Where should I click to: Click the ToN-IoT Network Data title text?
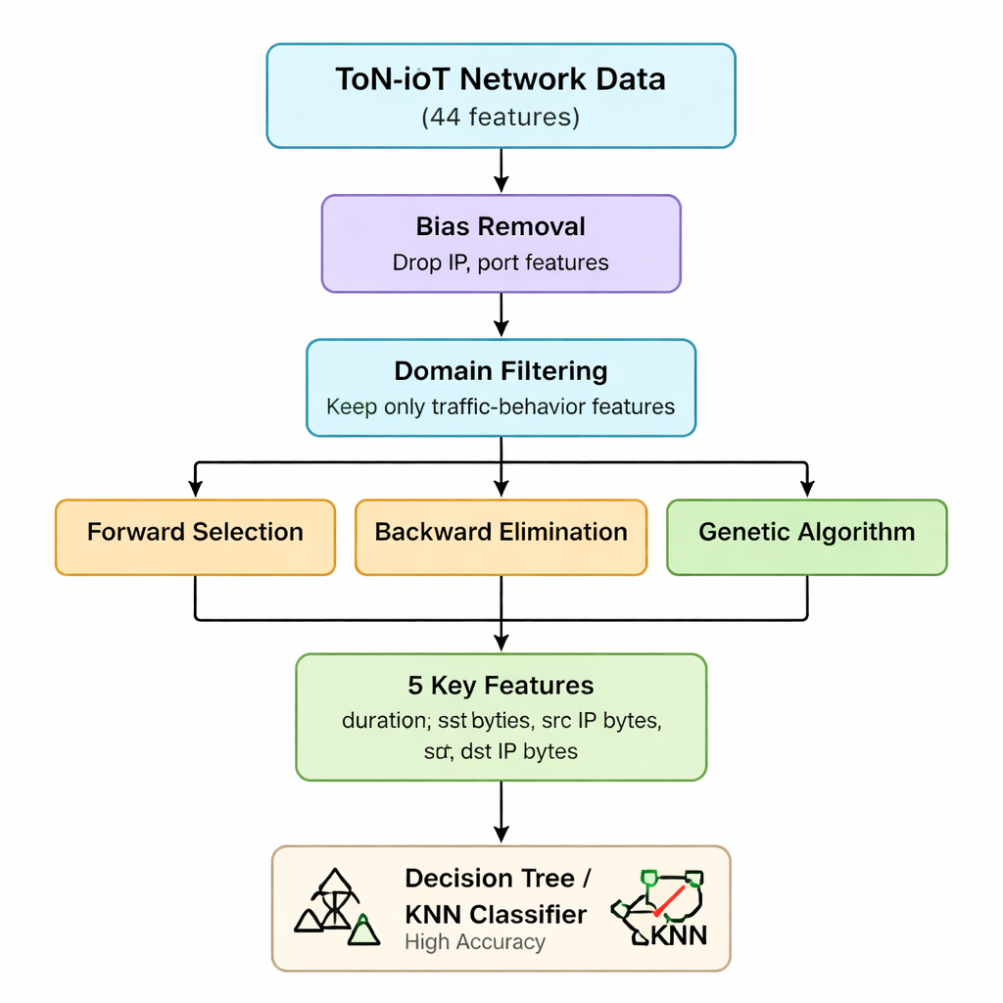pos(501,79)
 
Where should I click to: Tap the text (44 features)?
pos(501,118)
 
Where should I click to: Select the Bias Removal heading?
pos(501,226)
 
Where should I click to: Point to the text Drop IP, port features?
pos(501,263)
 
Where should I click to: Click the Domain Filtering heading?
pos(501,371)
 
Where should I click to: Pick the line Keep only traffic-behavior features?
pos(501,406)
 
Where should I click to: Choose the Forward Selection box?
pos(195,537)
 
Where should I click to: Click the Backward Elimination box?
pos(501,537)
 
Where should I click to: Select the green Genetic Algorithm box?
pos(806,537)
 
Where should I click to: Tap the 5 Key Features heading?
pos(501,685)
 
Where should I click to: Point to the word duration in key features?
pos(383,721)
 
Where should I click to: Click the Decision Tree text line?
pos(498,878)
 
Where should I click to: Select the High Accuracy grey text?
pos(475,942)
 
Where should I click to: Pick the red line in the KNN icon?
pos(670,899)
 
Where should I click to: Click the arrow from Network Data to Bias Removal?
pos(501,170)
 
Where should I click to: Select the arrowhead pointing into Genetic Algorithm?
pos(806,490)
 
